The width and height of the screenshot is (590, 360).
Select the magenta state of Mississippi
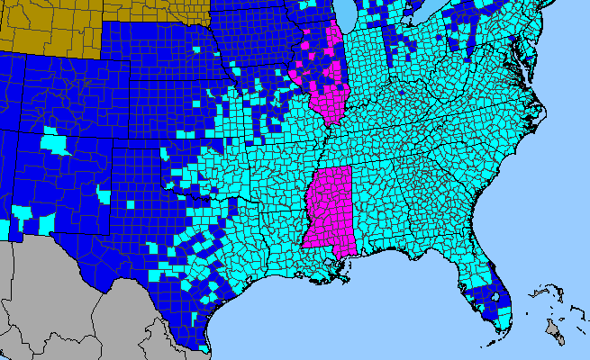pyautogui.click(x=329, y=207)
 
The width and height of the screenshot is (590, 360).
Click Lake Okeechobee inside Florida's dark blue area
pyautogui.click(x=494, y=292)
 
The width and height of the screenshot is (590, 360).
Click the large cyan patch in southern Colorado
pyautogui.click(x=56, y=142)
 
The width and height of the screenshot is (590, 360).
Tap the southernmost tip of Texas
pyautogui.click(x=206, y=349)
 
